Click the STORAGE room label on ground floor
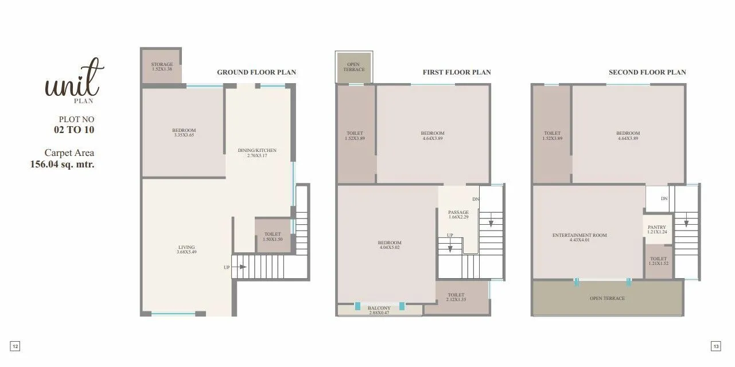pyautogui.click(x=162, y=65)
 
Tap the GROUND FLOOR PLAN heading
pyautogui.click(x=256, y=72)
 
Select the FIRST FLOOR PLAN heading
pyautogui.click(x=457, y=72)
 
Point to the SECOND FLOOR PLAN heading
pyautogui.click(x=647, y=72)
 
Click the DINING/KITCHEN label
pyautogui.click(x=257, y=151)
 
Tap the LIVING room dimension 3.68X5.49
pyautogui.click(x=186, y=252)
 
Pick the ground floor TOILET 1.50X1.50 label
pyautogui.click(x=273, y=237)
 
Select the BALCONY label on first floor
pyautogui.click(x=379, y=308)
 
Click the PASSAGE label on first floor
pyautogui.click(x=458, y=213)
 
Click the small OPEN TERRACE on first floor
pyautogui.click(x=354, y=67)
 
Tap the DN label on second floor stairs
pyautogui.click(x=664, y=199)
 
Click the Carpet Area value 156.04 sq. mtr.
pyautogui.click(x=62, y=164)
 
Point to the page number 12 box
pyautogui.click(x=15, y=346)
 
